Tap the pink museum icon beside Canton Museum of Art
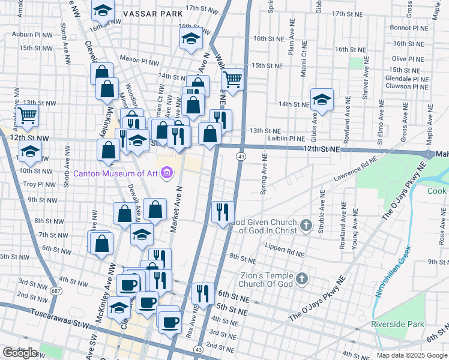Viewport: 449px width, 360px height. tap(167, 174)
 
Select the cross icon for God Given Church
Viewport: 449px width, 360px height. tap(306, 226)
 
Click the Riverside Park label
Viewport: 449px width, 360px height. tap(397, 324)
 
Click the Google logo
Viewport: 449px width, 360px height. tap(20, 353)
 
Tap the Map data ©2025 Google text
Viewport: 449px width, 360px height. tap(411, 355)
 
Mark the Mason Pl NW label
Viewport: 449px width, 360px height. tap(139, 60)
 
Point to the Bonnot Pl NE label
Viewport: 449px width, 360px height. tap(408, 28)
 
